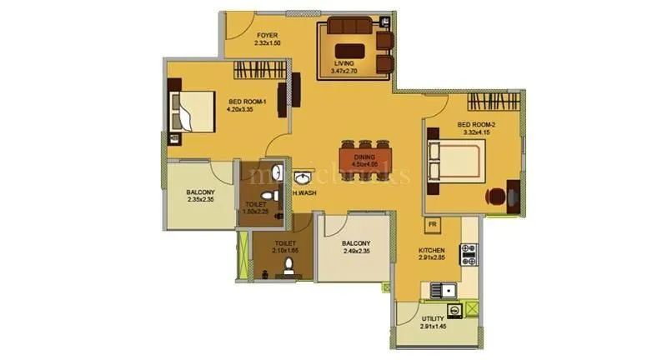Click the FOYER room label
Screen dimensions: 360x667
point(267,36)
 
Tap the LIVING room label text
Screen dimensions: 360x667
point(344,63)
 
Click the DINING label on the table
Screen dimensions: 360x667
point(364,157)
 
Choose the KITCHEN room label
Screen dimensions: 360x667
point(432,250)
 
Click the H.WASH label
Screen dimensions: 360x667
point(303,192)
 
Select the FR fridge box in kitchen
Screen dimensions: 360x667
point(432,225)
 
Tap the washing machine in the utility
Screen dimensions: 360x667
point(455,310)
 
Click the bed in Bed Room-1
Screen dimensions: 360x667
point(193,112)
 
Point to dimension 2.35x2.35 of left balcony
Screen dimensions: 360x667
point(200,200)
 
